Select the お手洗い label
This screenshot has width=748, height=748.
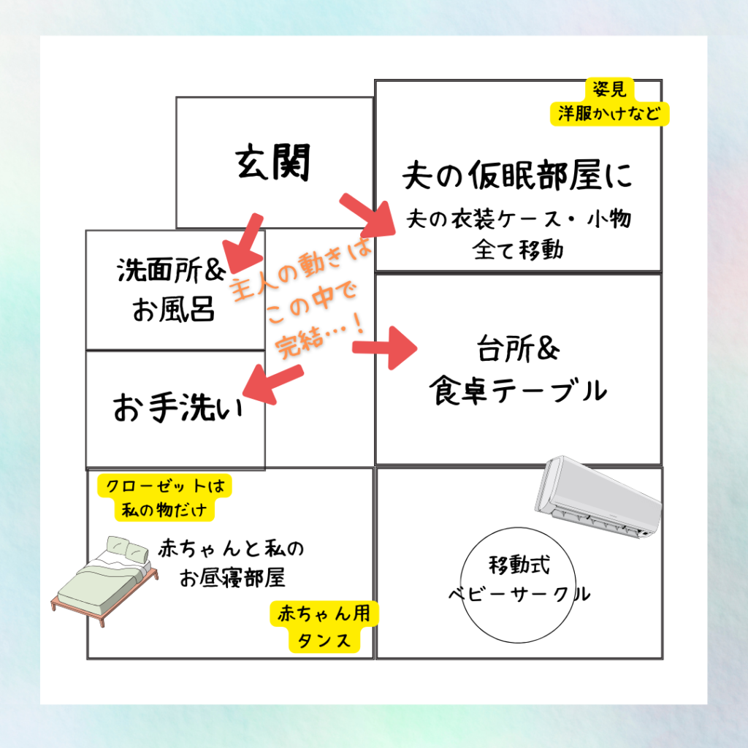tap(177, 408)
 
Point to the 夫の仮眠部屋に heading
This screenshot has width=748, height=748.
tap(517, 175)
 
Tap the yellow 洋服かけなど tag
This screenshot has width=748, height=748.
tap(609, 114)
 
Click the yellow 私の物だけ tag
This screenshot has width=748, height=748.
tap(164, 509)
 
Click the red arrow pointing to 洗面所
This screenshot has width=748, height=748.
tap(240, 241)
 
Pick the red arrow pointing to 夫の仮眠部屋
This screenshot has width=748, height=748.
tap(365, 215)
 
